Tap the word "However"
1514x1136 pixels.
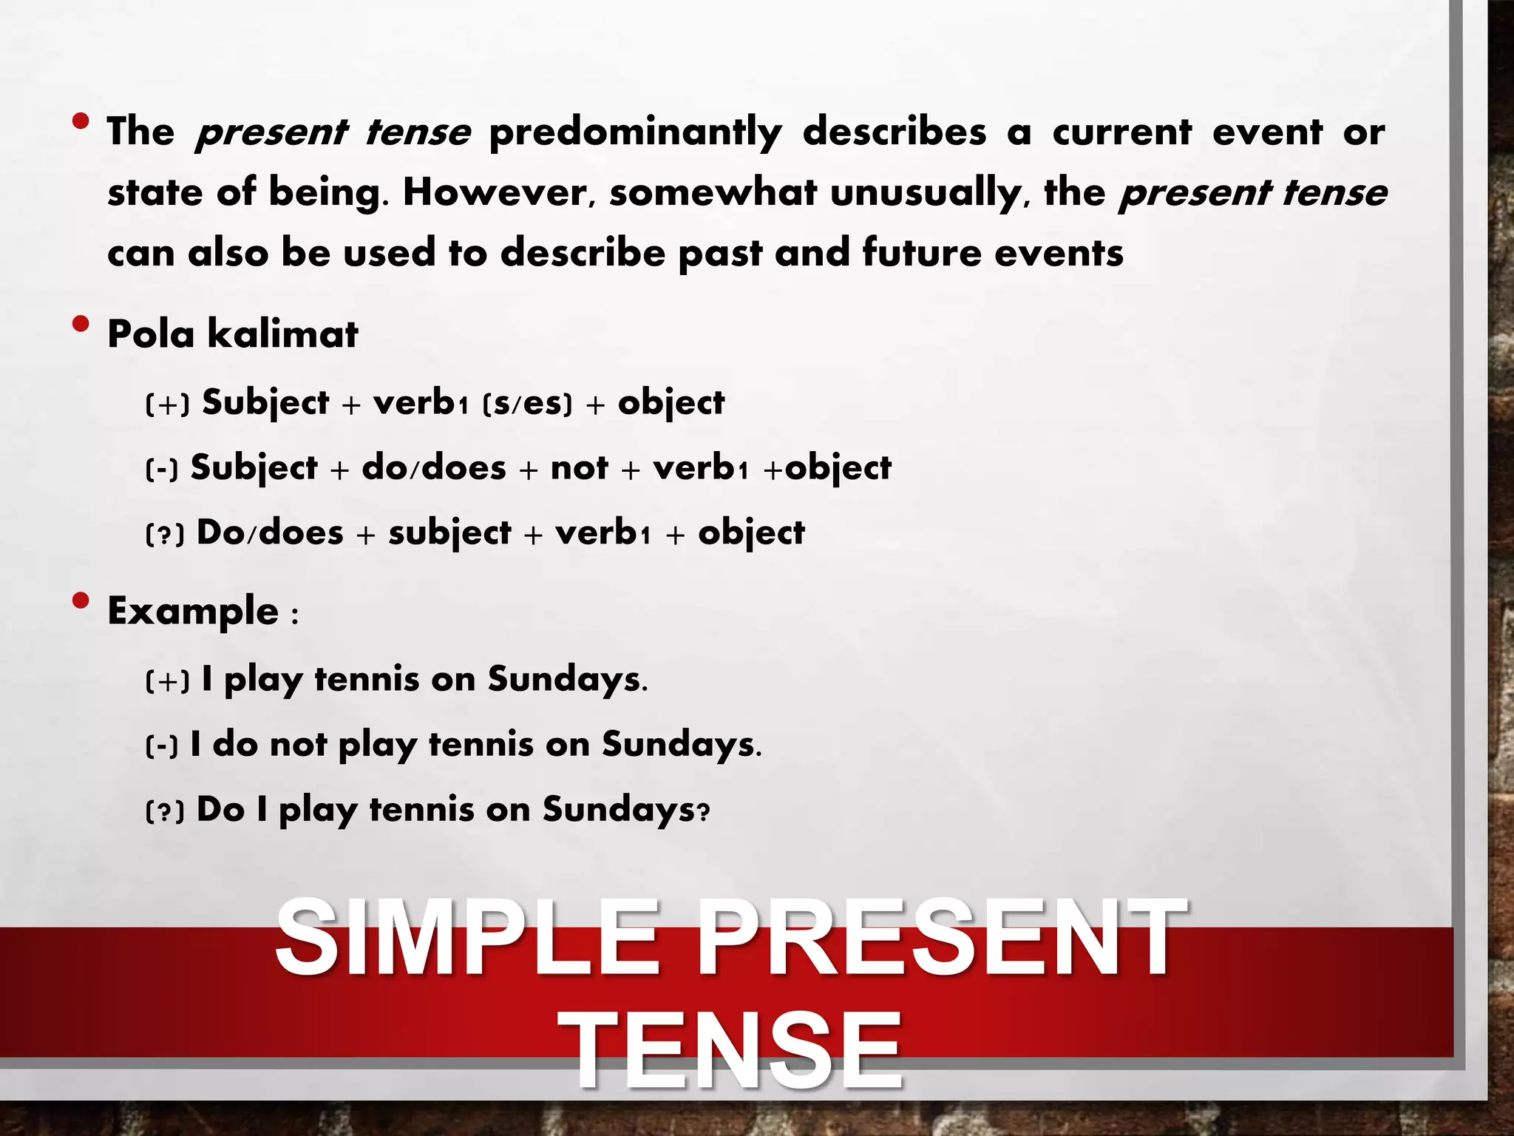click(x=499, y=192)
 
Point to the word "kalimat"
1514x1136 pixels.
click(x=282, y=334)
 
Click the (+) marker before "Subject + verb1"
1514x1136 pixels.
click(x=168, y=404)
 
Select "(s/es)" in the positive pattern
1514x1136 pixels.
click(x=527, y=404)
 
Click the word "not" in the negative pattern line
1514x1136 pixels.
click(x=580, y=468)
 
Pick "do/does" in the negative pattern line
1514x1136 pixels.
click(x=434, y=468)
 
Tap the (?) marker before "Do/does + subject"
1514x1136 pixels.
click(x=165, y=534)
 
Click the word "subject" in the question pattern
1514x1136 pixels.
click(x=449, y=533)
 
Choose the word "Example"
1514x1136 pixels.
click(x=193, y=612)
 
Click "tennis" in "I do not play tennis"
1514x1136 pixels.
click(x=481, y=744)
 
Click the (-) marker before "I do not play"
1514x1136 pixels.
click(x=162, y=745)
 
